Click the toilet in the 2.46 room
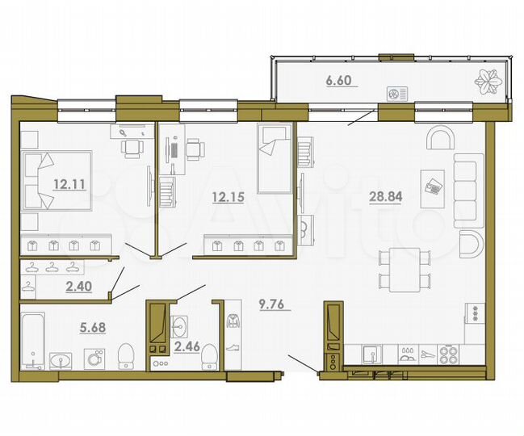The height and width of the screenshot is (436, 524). point(208,354)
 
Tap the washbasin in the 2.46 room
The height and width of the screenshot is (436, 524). point(179,326)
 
